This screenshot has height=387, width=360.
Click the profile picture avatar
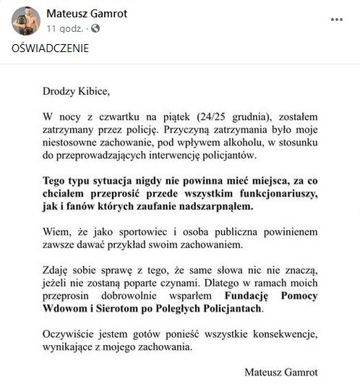tap(25, 21)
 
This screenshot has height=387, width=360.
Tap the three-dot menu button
tap(337, 20)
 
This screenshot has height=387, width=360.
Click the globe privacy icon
tap(95, 28)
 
